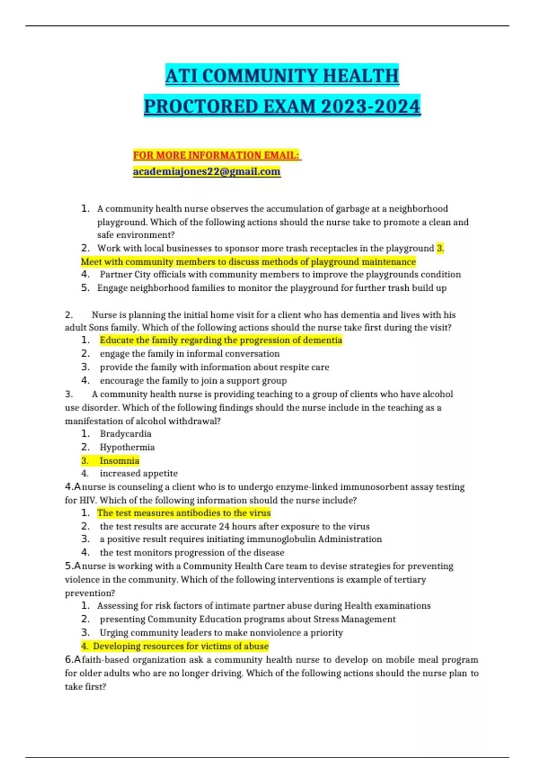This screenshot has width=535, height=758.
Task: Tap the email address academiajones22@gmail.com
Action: click(206, 172)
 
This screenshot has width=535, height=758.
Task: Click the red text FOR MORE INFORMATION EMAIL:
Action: click(216, 155)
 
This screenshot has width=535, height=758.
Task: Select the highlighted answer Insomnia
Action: click(119, 461)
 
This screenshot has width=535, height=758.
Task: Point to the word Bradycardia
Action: click(125, 434)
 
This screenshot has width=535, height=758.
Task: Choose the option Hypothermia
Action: click(127, 447)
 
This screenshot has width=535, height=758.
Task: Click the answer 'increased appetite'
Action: click(138, 474)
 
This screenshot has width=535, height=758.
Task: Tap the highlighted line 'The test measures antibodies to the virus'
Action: click(184, 513)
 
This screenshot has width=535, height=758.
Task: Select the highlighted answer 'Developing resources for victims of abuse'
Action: click(181, 646)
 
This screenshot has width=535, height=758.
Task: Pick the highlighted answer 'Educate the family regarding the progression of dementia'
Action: click(221, 340)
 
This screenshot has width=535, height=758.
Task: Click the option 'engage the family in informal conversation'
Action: click(189, 354)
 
